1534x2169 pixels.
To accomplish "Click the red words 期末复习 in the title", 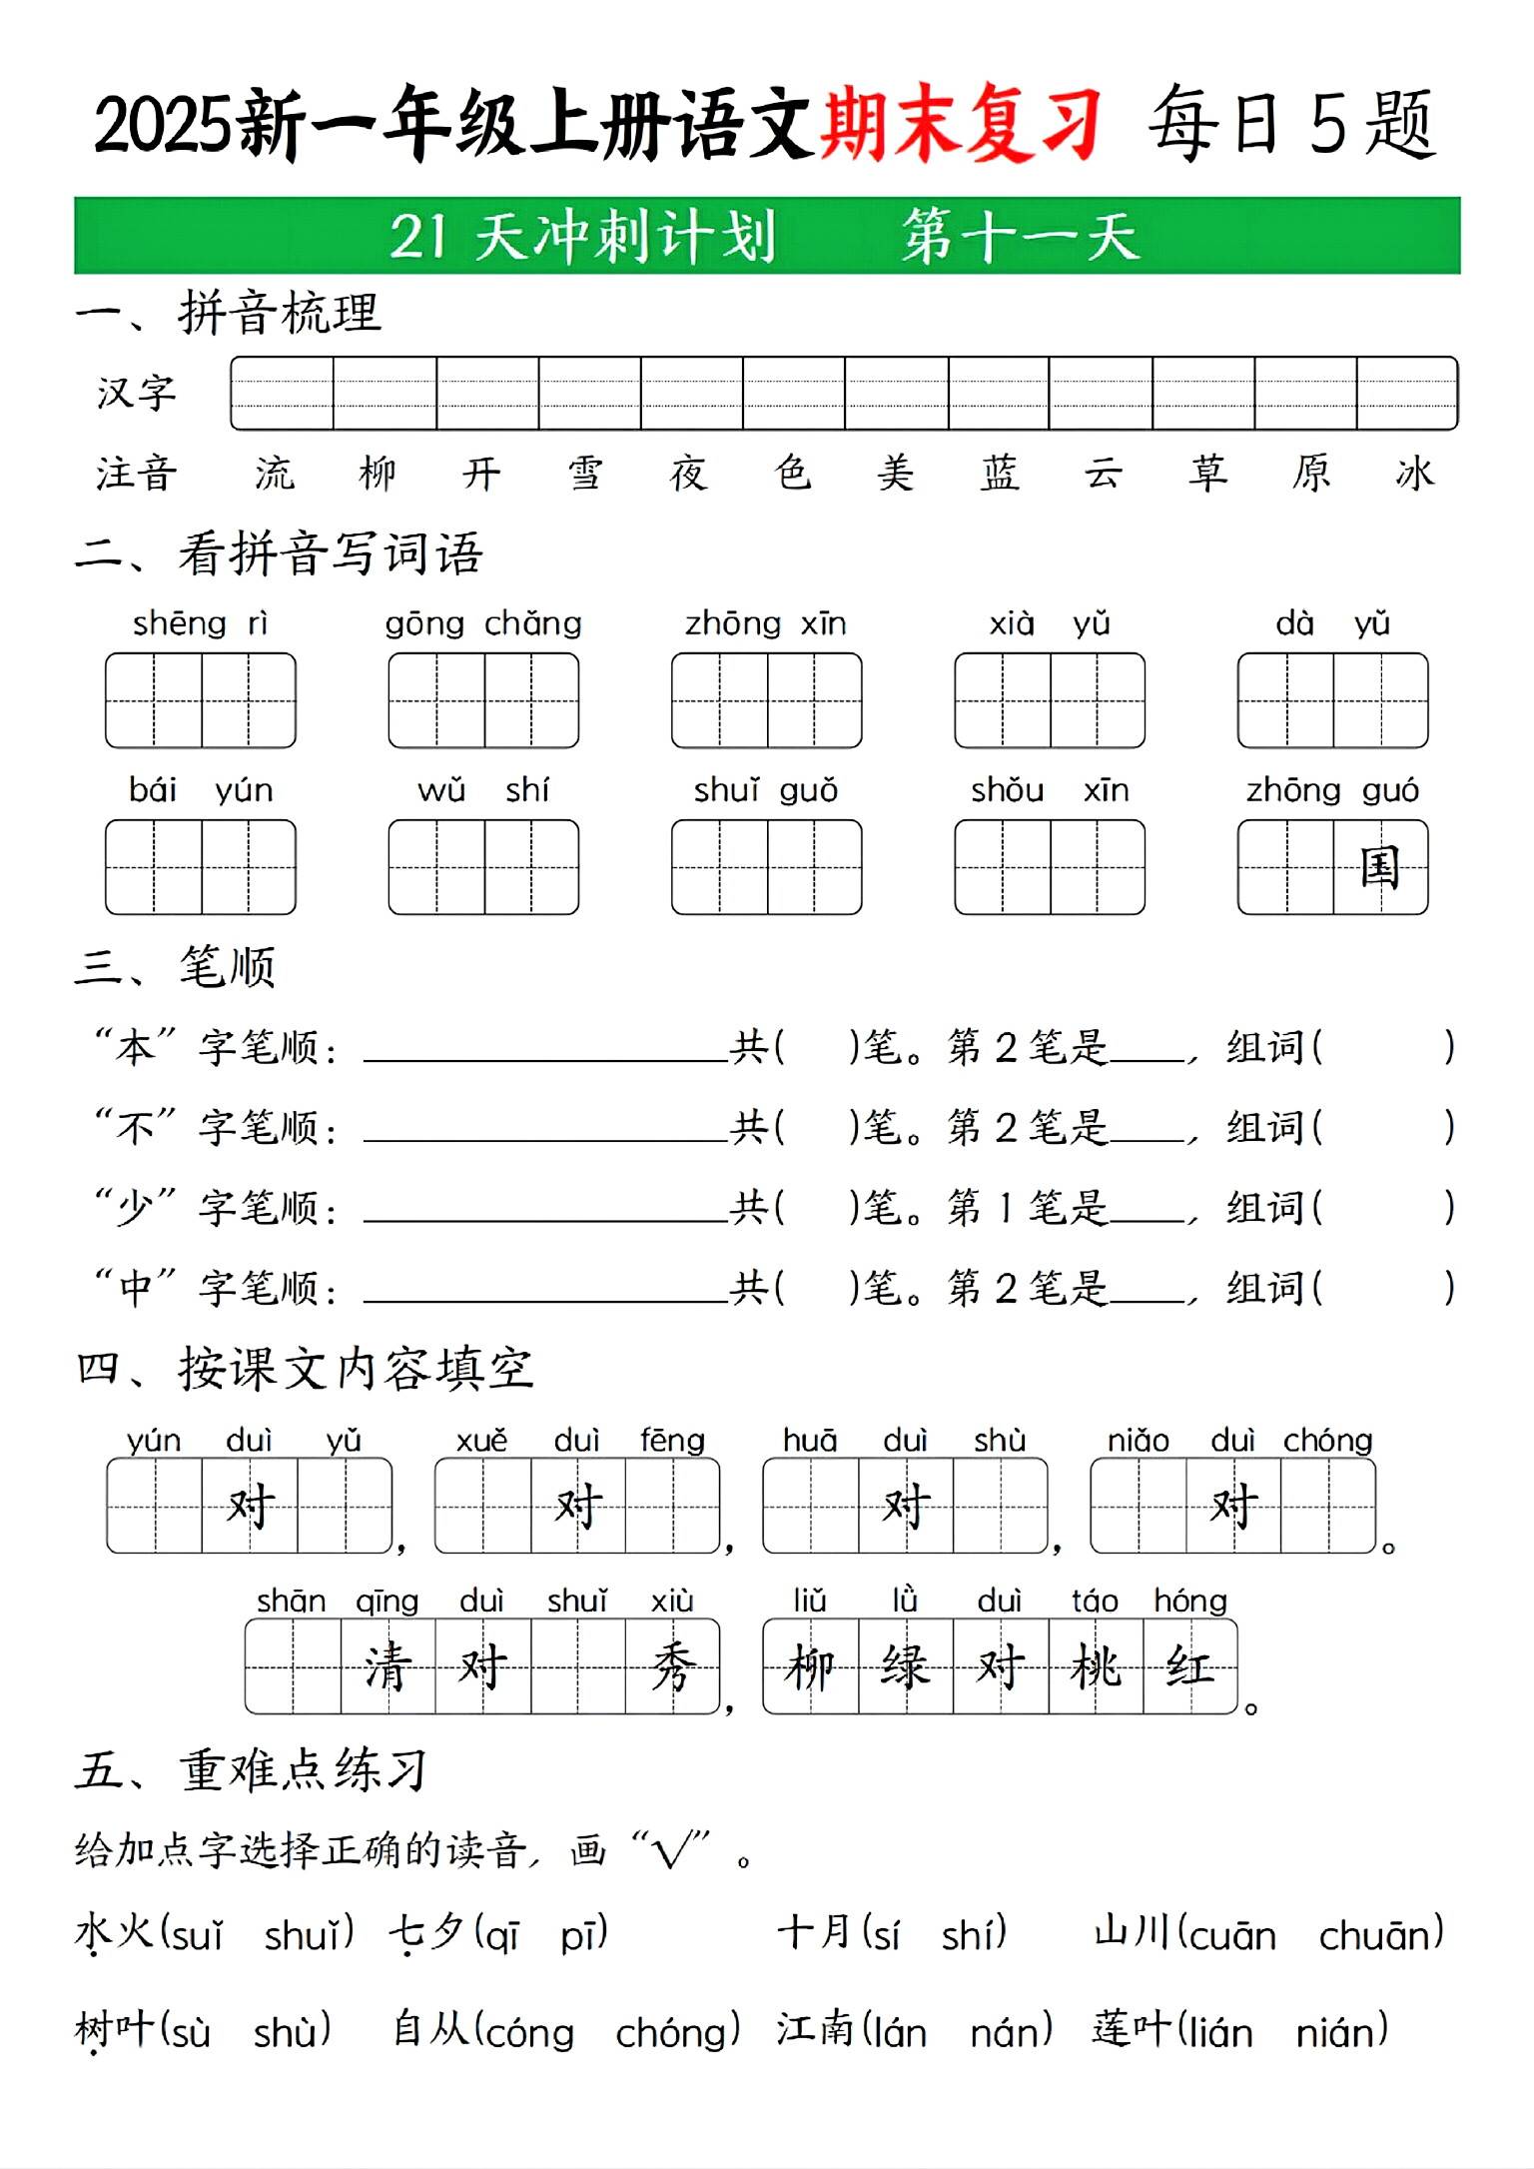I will point(960,125).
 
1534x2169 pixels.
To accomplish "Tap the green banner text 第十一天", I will point(1020,237).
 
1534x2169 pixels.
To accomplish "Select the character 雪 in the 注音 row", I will point(584,473).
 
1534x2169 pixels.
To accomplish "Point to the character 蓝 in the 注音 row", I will point(1000,473).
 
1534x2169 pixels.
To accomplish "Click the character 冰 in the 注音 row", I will point(1414,473).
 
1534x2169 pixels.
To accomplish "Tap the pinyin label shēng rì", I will point(200,624).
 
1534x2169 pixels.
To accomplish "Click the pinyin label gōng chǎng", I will point(483,624).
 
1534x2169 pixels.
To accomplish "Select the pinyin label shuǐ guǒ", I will point(766,791).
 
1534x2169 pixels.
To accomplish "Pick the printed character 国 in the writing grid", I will point(1380,867).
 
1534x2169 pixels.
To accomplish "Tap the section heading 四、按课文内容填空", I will point(305,1369).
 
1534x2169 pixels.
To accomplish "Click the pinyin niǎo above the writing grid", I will point(1138,1441).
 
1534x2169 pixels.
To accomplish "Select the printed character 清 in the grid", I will point(387,1666).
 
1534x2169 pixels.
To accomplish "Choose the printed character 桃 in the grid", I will point(1096,1666).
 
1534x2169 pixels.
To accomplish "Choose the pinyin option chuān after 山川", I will point(1379,1935).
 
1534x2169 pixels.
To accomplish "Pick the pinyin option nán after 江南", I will point(1010,2032).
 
